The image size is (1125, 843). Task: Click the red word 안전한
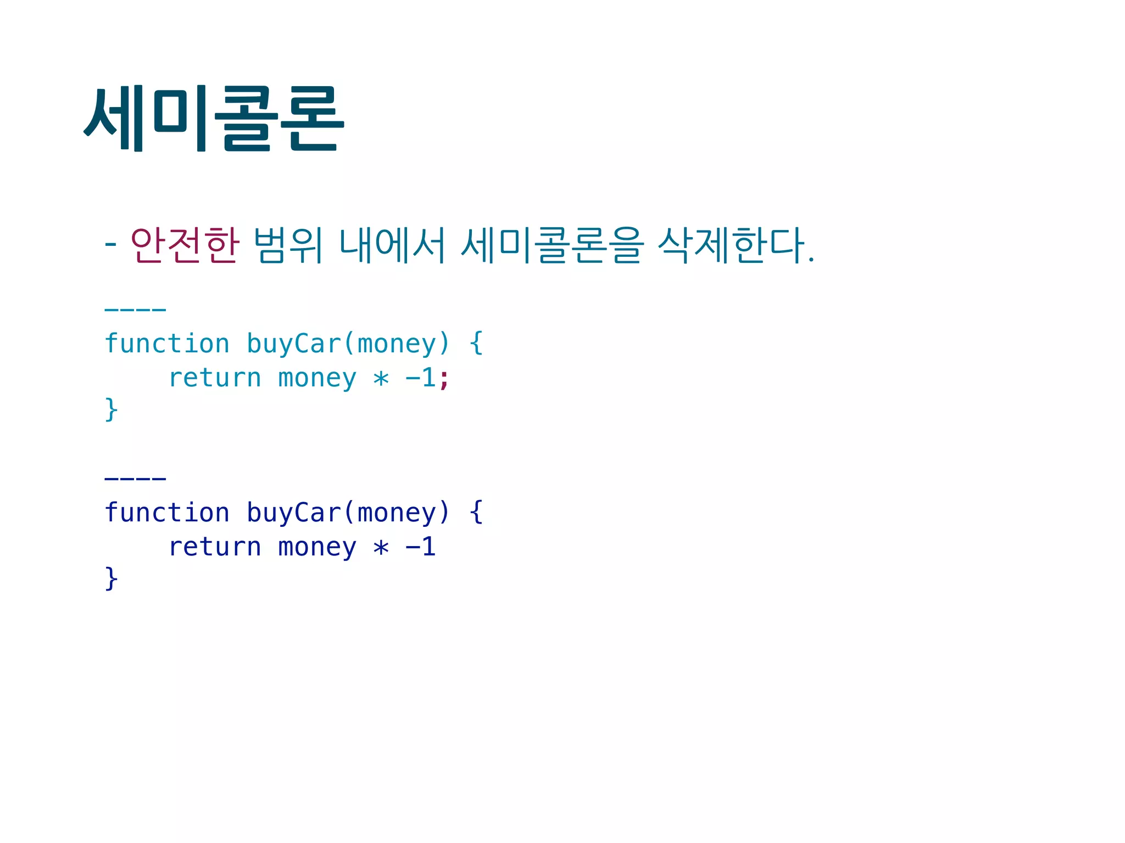pyautogui.click(x=185, y=245)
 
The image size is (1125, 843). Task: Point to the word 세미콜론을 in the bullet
pyautogui.click(x=552, y=245)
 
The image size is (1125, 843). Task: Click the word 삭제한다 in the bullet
pyautogui.click(x=731, y=245)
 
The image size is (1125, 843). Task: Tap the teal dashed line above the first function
pyautogui.click(x=135, y=310)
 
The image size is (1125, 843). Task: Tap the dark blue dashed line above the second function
pyautogui.click(x=135, y=479)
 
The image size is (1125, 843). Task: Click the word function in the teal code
pyautogui.click(x=167, y=344)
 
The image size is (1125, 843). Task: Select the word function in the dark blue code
pyautogui.click(x=167, y=513)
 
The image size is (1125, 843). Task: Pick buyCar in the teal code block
pyautogui.click(x=294, y=344)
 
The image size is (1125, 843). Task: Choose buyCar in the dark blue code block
pyautogui.click(x=294, y=513)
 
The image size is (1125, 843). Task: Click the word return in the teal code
pyautogui.click(x=215, y=379)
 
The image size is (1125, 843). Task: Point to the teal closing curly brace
pyautogui.click(x=112, y=409)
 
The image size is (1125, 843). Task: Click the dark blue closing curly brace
pyautogui.click(x=112, y=578)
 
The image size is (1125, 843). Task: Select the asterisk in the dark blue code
pyautogui.click(x=381, y=548)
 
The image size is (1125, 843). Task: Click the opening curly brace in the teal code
pyautogui.click(x=476, y=343)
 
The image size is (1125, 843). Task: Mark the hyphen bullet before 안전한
pyautogui.click(x=110, y=243)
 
